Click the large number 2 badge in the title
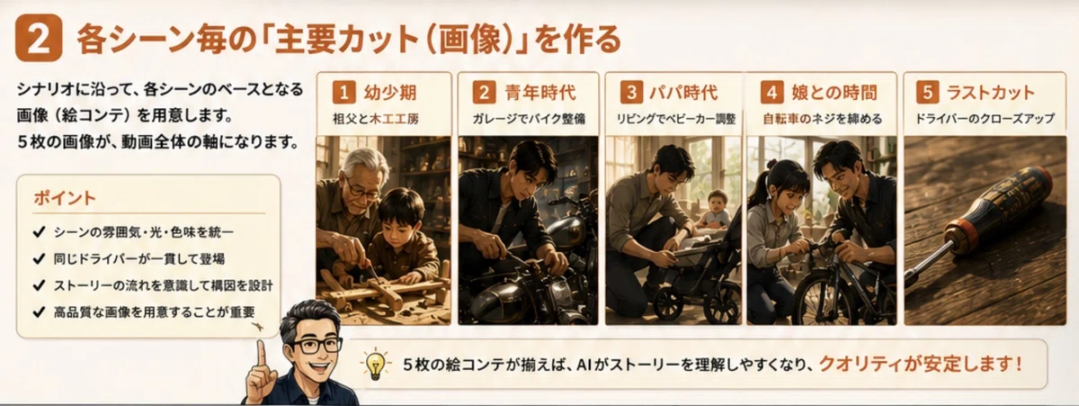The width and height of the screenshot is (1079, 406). pos(39,38)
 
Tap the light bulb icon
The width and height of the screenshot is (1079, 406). pos(375,364)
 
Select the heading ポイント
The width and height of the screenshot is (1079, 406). pos(65,198)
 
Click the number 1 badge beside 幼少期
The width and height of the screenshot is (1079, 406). pos(343,92)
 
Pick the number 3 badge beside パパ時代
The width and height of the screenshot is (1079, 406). pos(631,92)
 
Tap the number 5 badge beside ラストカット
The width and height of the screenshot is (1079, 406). pos(927,92)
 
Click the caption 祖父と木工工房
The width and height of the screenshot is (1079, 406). pos(376,119)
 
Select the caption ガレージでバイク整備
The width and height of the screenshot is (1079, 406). pos(529,119)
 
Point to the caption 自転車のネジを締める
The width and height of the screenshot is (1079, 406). pos(822,119)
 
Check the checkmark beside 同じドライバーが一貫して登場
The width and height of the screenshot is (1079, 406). pos(39,259)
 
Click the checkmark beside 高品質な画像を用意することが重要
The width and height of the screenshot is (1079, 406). pos(39,312)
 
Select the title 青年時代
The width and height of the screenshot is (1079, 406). pos(540,92)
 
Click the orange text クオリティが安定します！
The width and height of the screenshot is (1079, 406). pos(921,364)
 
